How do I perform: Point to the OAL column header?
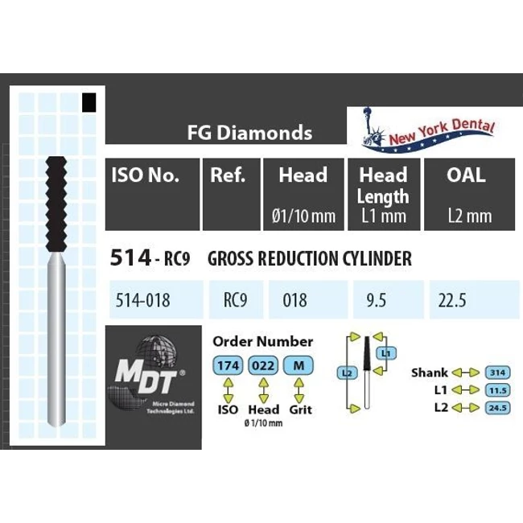point(466,175)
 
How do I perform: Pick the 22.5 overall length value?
point(453,300)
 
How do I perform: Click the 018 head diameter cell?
point(295,300)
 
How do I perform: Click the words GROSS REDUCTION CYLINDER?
point(310,259)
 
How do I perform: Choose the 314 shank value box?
point(497,373)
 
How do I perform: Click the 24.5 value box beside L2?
point(497,407)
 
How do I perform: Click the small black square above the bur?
point(89,102)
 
